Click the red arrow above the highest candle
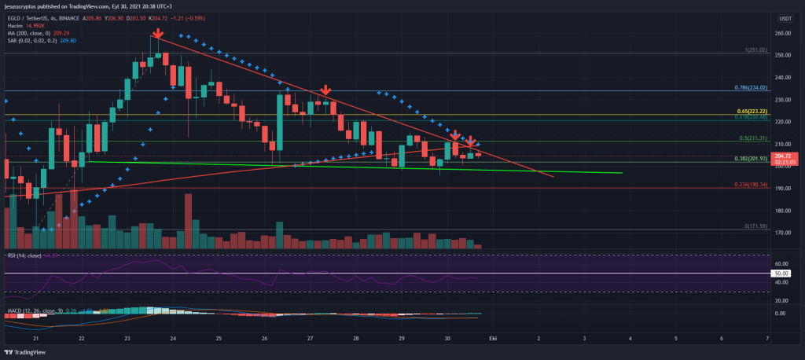[x=158, y=34]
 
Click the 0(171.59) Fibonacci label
[x=755, y=226]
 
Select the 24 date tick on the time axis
[x=173, y=338]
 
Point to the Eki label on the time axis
[x=493, y=338]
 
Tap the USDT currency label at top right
[x=784, y=17]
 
